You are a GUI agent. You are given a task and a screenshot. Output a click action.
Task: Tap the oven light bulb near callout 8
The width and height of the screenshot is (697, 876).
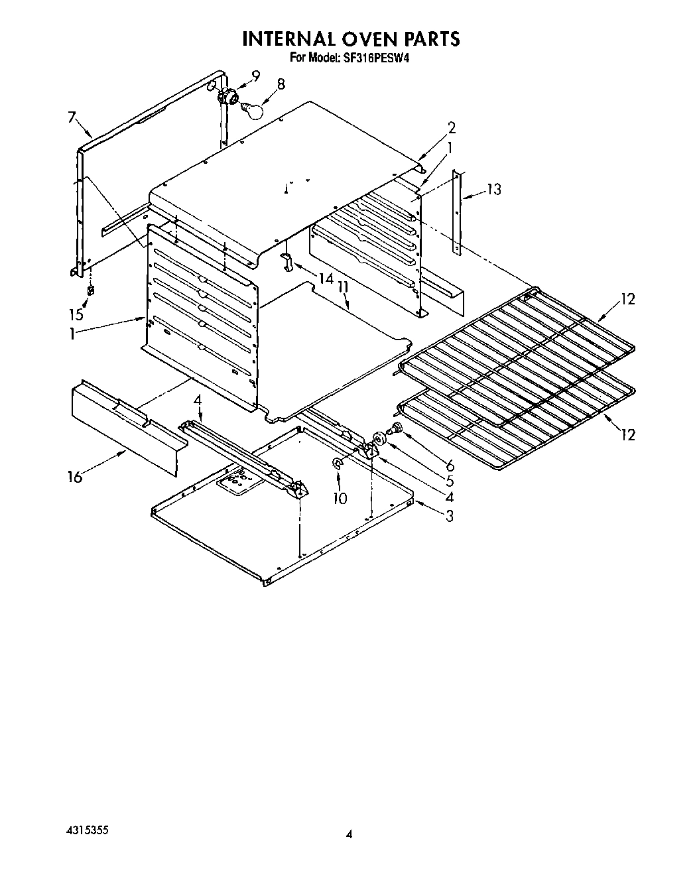[x=252, y=109]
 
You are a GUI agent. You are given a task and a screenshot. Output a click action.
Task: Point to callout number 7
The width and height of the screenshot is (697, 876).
[x=72, y=117]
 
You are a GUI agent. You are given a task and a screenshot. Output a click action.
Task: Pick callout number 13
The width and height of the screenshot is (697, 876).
[x=493, y=190]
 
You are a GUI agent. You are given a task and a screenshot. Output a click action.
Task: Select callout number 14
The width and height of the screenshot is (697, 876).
[x=324, y=279]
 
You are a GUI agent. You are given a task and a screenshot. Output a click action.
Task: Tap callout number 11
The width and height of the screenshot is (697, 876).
[x=342, y=286]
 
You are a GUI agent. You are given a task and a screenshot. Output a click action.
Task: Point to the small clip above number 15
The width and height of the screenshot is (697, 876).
[x=90, y=290]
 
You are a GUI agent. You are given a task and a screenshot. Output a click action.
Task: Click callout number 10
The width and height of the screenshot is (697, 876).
[x=340, y=498]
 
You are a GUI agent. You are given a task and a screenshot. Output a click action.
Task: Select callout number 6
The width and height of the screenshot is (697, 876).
[x=450, y=465]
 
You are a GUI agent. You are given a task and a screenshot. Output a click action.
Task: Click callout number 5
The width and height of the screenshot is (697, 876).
[x=450, y=481]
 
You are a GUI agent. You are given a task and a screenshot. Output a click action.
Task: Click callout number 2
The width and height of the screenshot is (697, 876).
[x=451, y=127]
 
